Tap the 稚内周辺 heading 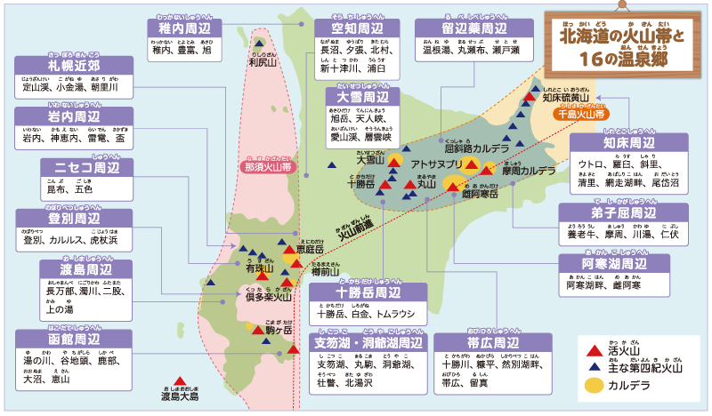[x=184, y=28]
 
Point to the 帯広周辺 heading [x=492, y=343]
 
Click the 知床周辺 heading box [x=628, y=143]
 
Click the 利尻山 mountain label [x=263, y=61]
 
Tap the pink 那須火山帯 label [x=267, y=165]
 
